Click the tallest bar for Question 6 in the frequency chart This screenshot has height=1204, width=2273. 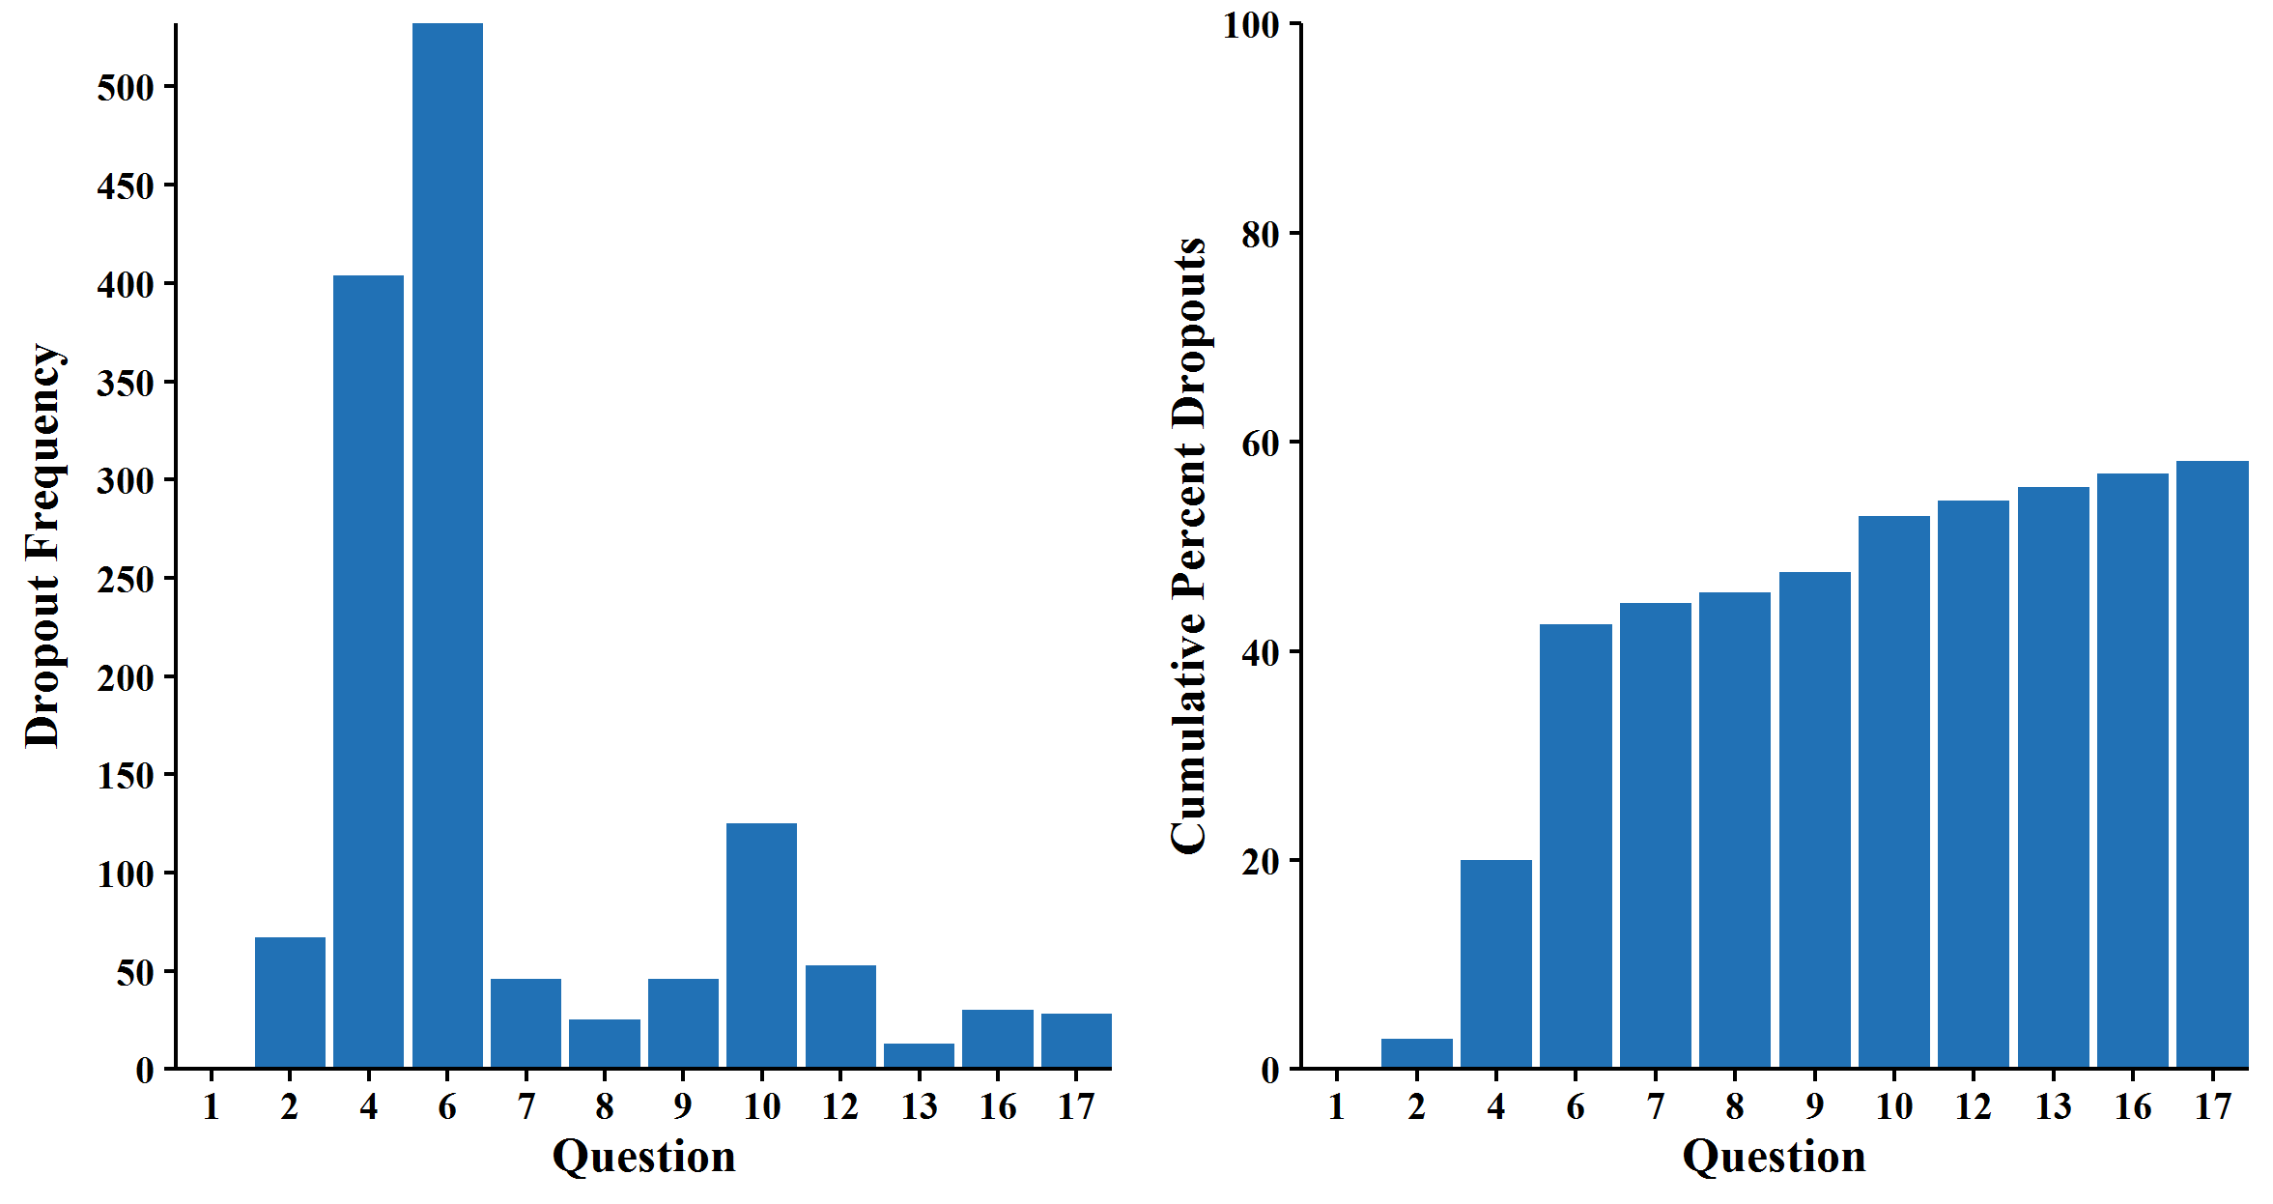(x=447, y=545)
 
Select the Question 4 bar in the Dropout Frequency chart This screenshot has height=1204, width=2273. (x=368, y=671)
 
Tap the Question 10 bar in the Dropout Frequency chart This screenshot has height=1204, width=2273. (x=761, y=945)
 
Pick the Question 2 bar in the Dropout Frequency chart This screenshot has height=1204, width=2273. (x=290, y=1002)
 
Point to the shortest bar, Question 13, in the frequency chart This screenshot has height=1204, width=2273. (x=919, y=1055)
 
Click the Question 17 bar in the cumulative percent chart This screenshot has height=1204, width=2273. (x=2212, y=763)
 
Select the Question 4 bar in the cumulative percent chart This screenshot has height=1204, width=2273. (x=1495, y=963)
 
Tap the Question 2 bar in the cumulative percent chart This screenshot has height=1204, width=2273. (x=1416, y=1053)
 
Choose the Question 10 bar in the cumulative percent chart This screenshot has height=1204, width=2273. (x=1893, y=791)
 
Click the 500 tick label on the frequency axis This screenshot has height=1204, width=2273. (x=126, y=88)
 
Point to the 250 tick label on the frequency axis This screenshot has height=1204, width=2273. (x=126, y=580)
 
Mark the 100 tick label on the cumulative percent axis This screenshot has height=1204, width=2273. (x=1251, y=25)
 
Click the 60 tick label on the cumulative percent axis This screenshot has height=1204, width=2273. (x=1261, y=444)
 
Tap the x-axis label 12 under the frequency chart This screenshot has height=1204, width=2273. (x=840, y=1106)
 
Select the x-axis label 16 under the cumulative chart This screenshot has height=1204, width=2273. (x=2133, y=1106)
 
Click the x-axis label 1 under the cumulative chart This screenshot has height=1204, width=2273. (x=1337, y=1106)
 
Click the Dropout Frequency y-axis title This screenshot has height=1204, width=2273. (x=43, y=546)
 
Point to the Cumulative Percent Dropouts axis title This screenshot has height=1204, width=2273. (x=1189, y=546)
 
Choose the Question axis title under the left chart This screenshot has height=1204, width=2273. (x=643, y=1157)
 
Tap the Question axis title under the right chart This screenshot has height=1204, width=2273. (x=1774, y=1157)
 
